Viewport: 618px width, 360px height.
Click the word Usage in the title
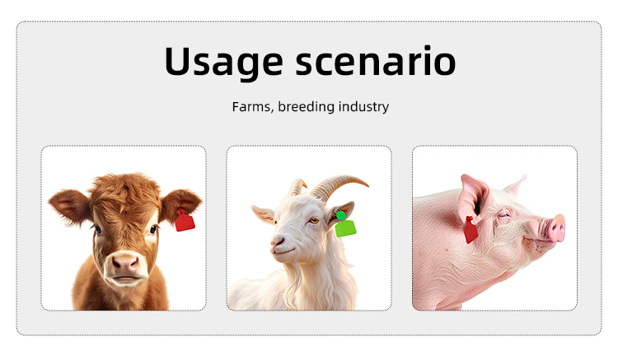tap(223, 62)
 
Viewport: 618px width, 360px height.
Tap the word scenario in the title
tap(376, 62)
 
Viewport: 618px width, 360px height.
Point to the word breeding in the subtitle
tap(307, 107)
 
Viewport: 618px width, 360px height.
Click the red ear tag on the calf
tap(185, 221)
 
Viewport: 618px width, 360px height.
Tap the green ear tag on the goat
tap(345, 225)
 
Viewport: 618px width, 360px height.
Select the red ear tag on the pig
tap(471, 230)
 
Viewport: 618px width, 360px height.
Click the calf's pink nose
tap(125, 264)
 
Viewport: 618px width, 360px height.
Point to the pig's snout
tap(555, 227)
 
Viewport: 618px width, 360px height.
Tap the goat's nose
tap(277, 241)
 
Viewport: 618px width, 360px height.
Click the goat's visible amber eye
tap(313, 221)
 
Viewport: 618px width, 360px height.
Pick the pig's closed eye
tap(503, 215)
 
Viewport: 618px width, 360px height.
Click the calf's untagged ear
tap(70, 207)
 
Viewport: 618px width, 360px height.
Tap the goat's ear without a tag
tap(264, 214)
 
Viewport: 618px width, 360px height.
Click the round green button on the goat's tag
tap(341, 216)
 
